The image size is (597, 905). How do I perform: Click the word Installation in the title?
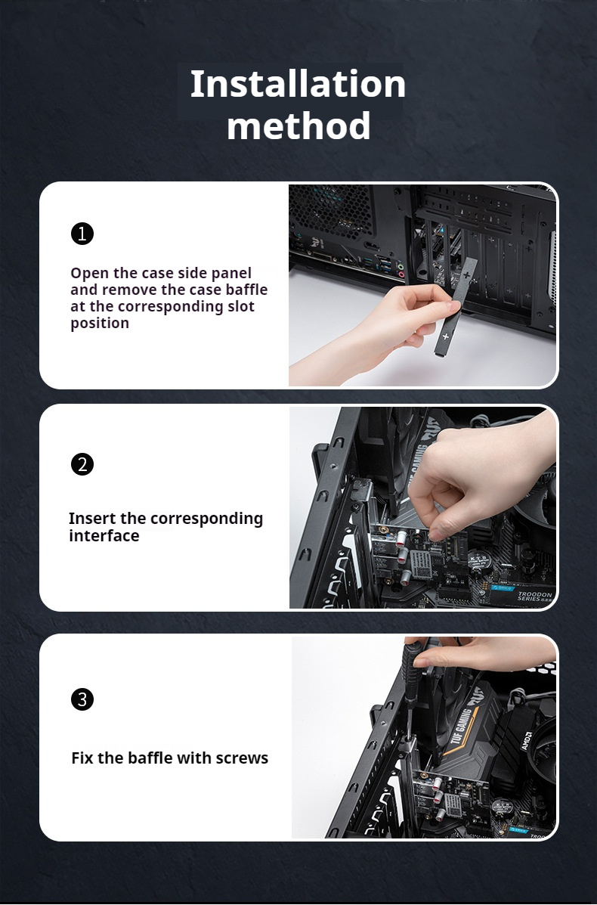tap(298, 84)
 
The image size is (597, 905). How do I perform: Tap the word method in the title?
tap(298, 126)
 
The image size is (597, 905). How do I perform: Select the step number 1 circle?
tap(82, 233)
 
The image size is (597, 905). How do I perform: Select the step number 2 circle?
tap(82, 464)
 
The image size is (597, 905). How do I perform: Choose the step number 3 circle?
tap(82, 699)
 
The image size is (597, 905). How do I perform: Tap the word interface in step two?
tap(104, 535)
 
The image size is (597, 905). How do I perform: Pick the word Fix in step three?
tap(82, 758)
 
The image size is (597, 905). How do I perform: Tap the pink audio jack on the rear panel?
tap(401, 274)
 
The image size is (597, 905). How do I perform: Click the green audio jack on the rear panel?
tap(401, 266)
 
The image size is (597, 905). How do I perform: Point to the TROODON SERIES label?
tap(534, 597)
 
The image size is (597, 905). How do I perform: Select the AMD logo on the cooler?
tap(527, 741)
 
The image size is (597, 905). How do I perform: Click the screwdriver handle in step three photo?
tap(410, 670)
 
